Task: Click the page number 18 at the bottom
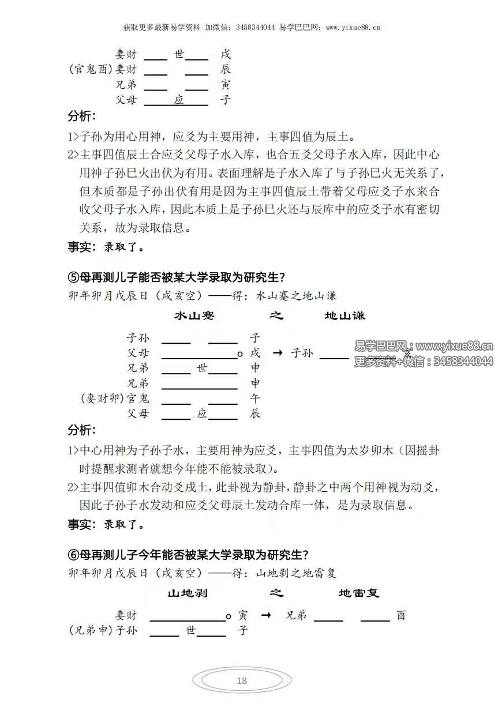click(x=242, y=680)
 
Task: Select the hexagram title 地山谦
click(x=345, y=316)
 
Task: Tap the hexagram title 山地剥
click(x=188, y=593)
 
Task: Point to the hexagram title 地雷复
click(x=359, y=593)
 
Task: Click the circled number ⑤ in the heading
click(x=73, y=276)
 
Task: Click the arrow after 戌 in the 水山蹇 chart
click(x=276, y=353)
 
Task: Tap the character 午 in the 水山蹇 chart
click(x=255, y=398)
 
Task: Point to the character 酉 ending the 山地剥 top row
click(x=401, y=615)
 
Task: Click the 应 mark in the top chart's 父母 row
click(x=179, y=100)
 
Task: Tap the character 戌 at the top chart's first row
click(x=226, y=55)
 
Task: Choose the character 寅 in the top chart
click(x=226, y=85)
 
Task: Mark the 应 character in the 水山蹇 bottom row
click(x=202, y=413)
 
